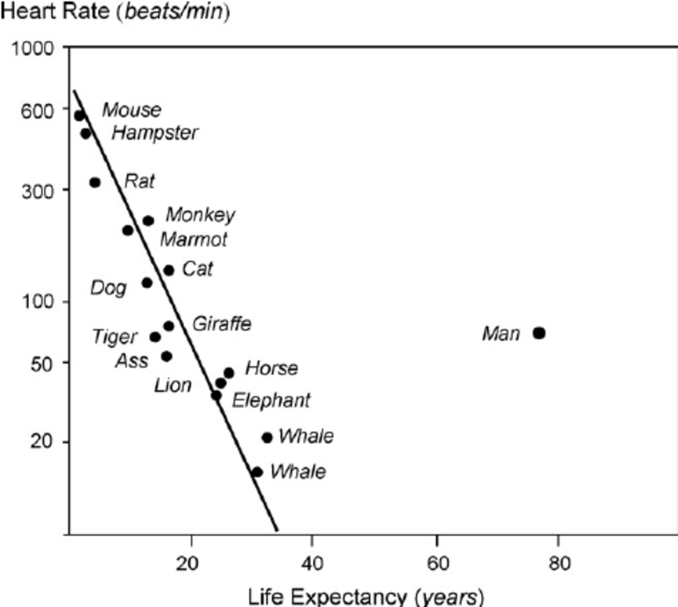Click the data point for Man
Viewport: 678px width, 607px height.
(x=539, y=333)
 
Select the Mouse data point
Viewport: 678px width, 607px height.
(x=80, y=116)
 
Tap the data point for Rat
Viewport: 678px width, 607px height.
(x=95, y=183)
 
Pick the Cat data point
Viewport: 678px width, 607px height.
(x=168, y=270)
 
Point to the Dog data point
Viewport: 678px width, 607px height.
(x=147, y=282)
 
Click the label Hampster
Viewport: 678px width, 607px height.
(x=155, y=133)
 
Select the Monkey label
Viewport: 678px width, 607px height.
(x=200, y=215)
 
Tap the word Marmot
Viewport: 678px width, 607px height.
(x=194, y=239)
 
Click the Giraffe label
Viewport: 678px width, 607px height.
(x=221, y=324)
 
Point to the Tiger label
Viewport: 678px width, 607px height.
(x=115, y=337)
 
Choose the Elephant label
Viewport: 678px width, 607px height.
(x=270, y=400)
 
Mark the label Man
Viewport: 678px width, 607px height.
(x=500, y=333)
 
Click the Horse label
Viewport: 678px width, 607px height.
(x=271, y=369)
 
